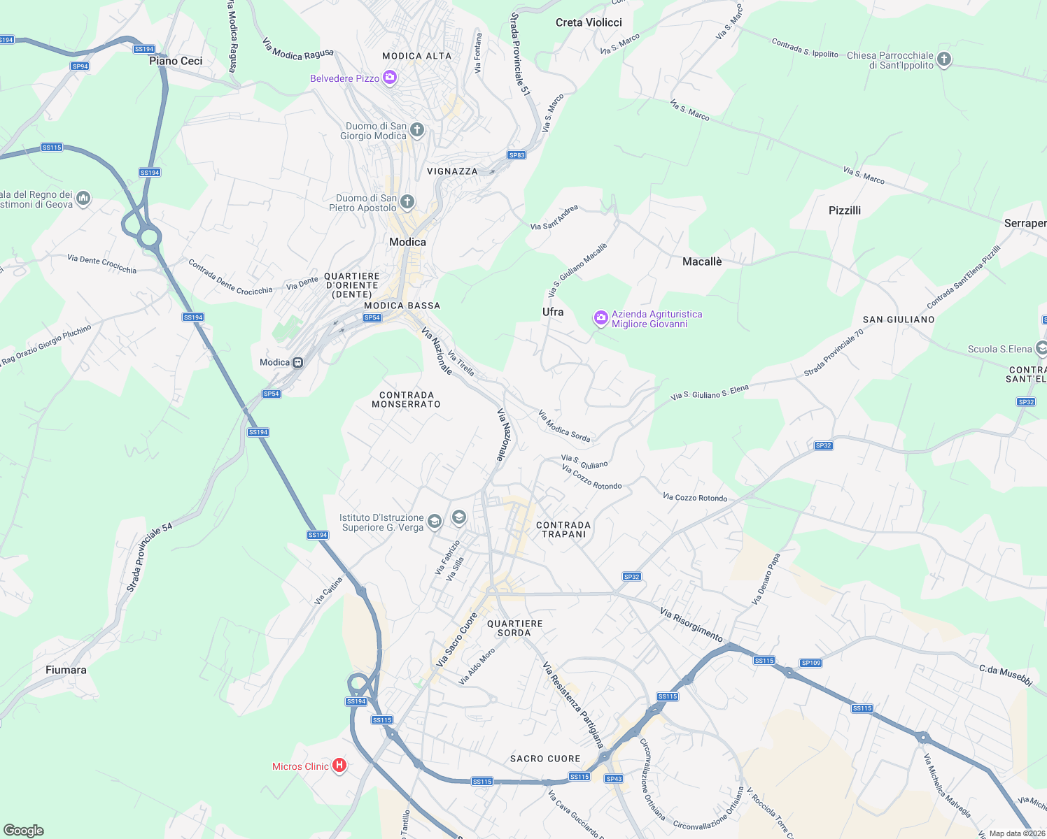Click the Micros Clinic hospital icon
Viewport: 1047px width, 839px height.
[x=339, y=766]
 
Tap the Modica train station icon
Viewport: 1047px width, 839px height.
[x=298, y=362]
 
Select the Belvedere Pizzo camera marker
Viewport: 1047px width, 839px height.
[x=390, y=78]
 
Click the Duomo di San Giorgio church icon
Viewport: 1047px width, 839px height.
[x=417, y=130]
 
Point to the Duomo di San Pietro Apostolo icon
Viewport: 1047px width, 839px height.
[x=407, y=202]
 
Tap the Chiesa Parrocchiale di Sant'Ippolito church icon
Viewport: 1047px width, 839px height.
[x=944, y=59]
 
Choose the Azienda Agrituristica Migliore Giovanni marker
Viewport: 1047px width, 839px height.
[x=600, y=319]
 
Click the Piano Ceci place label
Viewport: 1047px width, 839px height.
[x=176, y=61]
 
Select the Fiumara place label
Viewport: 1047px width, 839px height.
[x=66, y=670]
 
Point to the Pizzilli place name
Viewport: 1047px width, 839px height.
[x=845, y=210]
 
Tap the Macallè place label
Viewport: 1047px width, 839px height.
[x=702, y=261]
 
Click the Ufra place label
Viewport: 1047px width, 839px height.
[x=553, y=312]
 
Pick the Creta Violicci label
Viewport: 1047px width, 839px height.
[x=589, y=22]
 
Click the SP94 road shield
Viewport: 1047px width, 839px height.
[x=80, y=66]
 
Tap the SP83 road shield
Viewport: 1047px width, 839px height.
[x=517, y=155]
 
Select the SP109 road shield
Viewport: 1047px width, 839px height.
[x=810, y=663]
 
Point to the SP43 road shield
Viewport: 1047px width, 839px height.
[x=614, y=779]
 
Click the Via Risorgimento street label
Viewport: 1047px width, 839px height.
[x=691, y=624]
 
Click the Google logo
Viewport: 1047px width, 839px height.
[x=23, y=831]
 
